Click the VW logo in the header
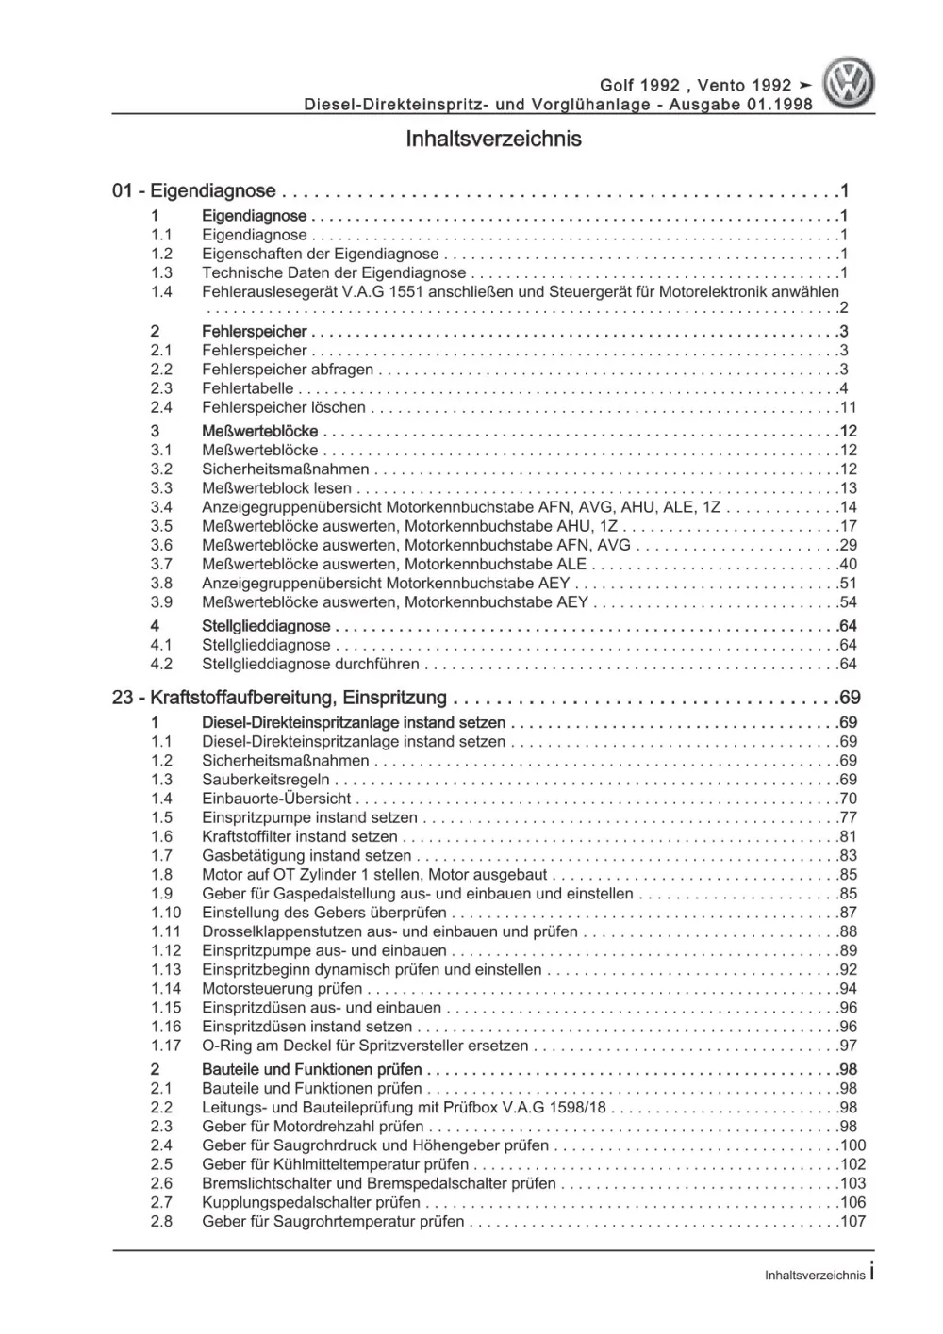point(849,83)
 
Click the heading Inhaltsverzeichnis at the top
point(493,140)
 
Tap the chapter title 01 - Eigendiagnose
point(194,191)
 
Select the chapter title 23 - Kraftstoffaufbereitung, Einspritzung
point(279,699)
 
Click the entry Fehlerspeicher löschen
point(284,408)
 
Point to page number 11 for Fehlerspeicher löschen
point(848,408)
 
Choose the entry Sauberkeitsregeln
point(266,780)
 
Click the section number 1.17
point(165,1046)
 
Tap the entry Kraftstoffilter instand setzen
point(300,836)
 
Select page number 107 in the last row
point(852,1222)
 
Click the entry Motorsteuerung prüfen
point(282,989)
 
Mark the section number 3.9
point(161,602)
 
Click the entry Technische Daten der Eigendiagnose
point(334,273)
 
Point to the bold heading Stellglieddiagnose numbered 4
point(266,626)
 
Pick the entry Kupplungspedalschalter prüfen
point(311,1203)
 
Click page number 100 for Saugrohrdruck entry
point(852,1145)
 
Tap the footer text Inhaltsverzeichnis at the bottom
point(815,1275)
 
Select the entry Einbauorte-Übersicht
point(276,799)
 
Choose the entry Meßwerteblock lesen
point(276,488)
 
